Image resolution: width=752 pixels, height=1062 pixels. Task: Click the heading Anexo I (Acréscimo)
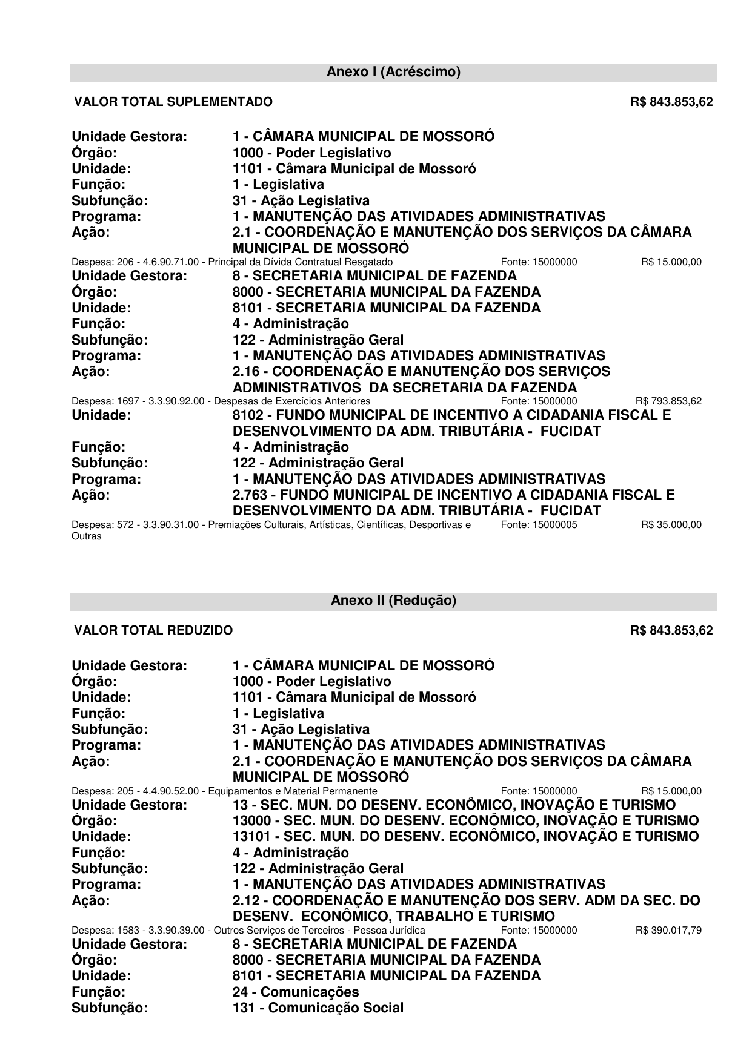(393, 73)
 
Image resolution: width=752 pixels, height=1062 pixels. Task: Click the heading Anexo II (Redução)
(393, 601)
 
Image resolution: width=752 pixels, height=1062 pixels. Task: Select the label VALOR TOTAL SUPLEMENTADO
(173, 102)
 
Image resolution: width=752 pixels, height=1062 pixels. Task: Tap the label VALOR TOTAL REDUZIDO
(153, 630)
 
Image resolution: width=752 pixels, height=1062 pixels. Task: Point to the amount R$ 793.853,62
(668, 401)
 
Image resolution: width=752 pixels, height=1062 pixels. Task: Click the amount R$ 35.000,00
(671, 525)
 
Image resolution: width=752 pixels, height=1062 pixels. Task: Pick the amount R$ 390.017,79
(668, 930)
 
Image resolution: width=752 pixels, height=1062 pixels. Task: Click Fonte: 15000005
(539, 525)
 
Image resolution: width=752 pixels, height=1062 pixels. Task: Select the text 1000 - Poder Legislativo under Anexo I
(312, 153)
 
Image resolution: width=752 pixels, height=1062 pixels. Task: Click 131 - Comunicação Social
(318, 1008)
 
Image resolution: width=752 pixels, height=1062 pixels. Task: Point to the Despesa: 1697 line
(221, 401)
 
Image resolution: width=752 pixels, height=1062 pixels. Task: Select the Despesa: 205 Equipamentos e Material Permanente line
(224, 791)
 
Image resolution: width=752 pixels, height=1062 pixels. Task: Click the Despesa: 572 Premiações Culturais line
(271, 525)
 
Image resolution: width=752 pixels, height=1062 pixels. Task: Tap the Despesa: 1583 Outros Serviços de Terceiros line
(248, 930)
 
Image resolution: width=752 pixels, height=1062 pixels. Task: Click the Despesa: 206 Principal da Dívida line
(232, 262)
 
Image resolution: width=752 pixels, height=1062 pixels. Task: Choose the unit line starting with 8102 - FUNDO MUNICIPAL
(451, 415)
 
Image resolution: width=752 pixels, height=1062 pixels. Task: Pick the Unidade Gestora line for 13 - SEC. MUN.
(454, 805)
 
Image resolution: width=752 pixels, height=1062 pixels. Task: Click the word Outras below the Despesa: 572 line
(87, 536)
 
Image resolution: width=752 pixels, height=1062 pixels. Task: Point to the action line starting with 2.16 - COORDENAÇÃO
(421, 371)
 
